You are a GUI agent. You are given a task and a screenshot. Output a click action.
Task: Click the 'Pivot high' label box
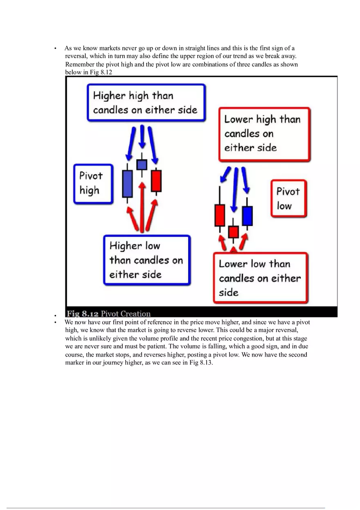click(x=93, y=184)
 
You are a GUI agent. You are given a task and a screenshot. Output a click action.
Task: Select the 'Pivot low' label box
click(x=288, y=198)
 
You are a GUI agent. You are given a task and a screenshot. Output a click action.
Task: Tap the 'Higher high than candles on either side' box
click(x=146, y=103)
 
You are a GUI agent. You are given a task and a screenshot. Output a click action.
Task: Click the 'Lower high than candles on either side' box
click(x=264, y=134)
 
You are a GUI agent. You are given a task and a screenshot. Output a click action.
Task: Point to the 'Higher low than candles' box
click(x=146, y=260)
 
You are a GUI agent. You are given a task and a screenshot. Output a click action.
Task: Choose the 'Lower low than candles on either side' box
click(x=260, y=278)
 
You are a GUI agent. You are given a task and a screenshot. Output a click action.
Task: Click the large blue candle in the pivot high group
click(x=127, y=184)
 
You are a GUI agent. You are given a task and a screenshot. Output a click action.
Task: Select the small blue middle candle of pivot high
click(x=142, y=164)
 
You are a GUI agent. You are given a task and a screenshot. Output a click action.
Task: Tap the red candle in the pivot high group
click(x=156, y=181)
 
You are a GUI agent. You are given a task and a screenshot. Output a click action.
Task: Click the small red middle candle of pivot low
click(x=233, y=232)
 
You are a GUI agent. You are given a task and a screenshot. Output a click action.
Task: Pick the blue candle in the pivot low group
click(x=247, y=216)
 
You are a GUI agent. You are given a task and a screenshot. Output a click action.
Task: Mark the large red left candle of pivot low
click(x=220, y=215)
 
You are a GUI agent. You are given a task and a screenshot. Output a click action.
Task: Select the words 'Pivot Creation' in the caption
click(x=126, y=314)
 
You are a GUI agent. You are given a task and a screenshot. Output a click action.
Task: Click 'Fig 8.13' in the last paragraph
click(x=201, y=363)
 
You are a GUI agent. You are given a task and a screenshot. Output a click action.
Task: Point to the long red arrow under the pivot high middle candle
click(x=142, y=207)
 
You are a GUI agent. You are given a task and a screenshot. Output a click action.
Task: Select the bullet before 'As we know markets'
click(x=55, y=49)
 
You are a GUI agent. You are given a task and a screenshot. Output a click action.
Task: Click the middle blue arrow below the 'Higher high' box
click(x=142, y=137)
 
